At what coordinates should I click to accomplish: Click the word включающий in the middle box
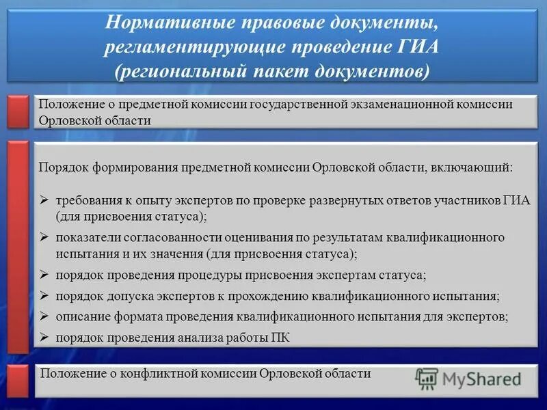tap(470, 167)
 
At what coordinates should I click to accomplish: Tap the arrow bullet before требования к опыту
tap(44, 202)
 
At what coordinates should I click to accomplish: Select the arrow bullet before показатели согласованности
tap(44, 237)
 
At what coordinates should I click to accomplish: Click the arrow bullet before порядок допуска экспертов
tap(44, 296)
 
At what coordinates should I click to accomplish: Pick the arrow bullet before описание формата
tap(44, 316)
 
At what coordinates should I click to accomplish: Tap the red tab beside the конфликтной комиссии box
tap(18, 381)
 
